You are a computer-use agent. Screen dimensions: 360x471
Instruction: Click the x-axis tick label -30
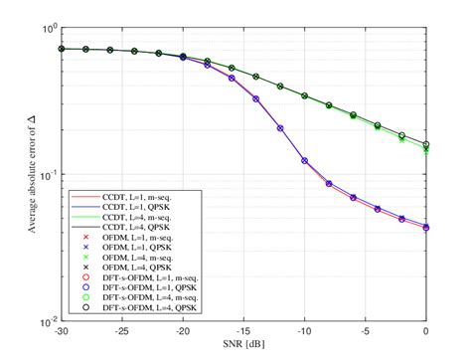tap(61, 332)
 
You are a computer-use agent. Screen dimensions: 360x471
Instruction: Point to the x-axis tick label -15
tap(243, 332)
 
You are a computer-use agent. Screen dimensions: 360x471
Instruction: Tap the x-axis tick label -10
tap(305, 332)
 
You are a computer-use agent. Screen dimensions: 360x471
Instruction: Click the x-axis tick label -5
tap(367, 332)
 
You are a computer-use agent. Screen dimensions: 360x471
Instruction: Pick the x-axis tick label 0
tap(427, 332)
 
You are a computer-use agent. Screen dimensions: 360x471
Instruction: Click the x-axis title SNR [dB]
tap(244, 344)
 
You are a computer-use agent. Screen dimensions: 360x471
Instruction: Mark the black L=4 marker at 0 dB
tap(427, 144)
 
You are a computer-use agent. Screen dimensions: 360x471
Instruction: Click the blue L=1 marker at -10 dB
tap(305, 160)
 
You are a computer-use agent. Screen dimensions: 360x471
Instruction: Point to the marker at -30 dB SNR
tap(61, 48)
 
